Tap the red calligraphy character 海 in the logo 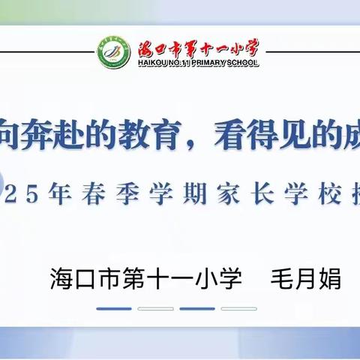pos(148,49)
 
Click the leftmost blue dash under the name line pos(115,308)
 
